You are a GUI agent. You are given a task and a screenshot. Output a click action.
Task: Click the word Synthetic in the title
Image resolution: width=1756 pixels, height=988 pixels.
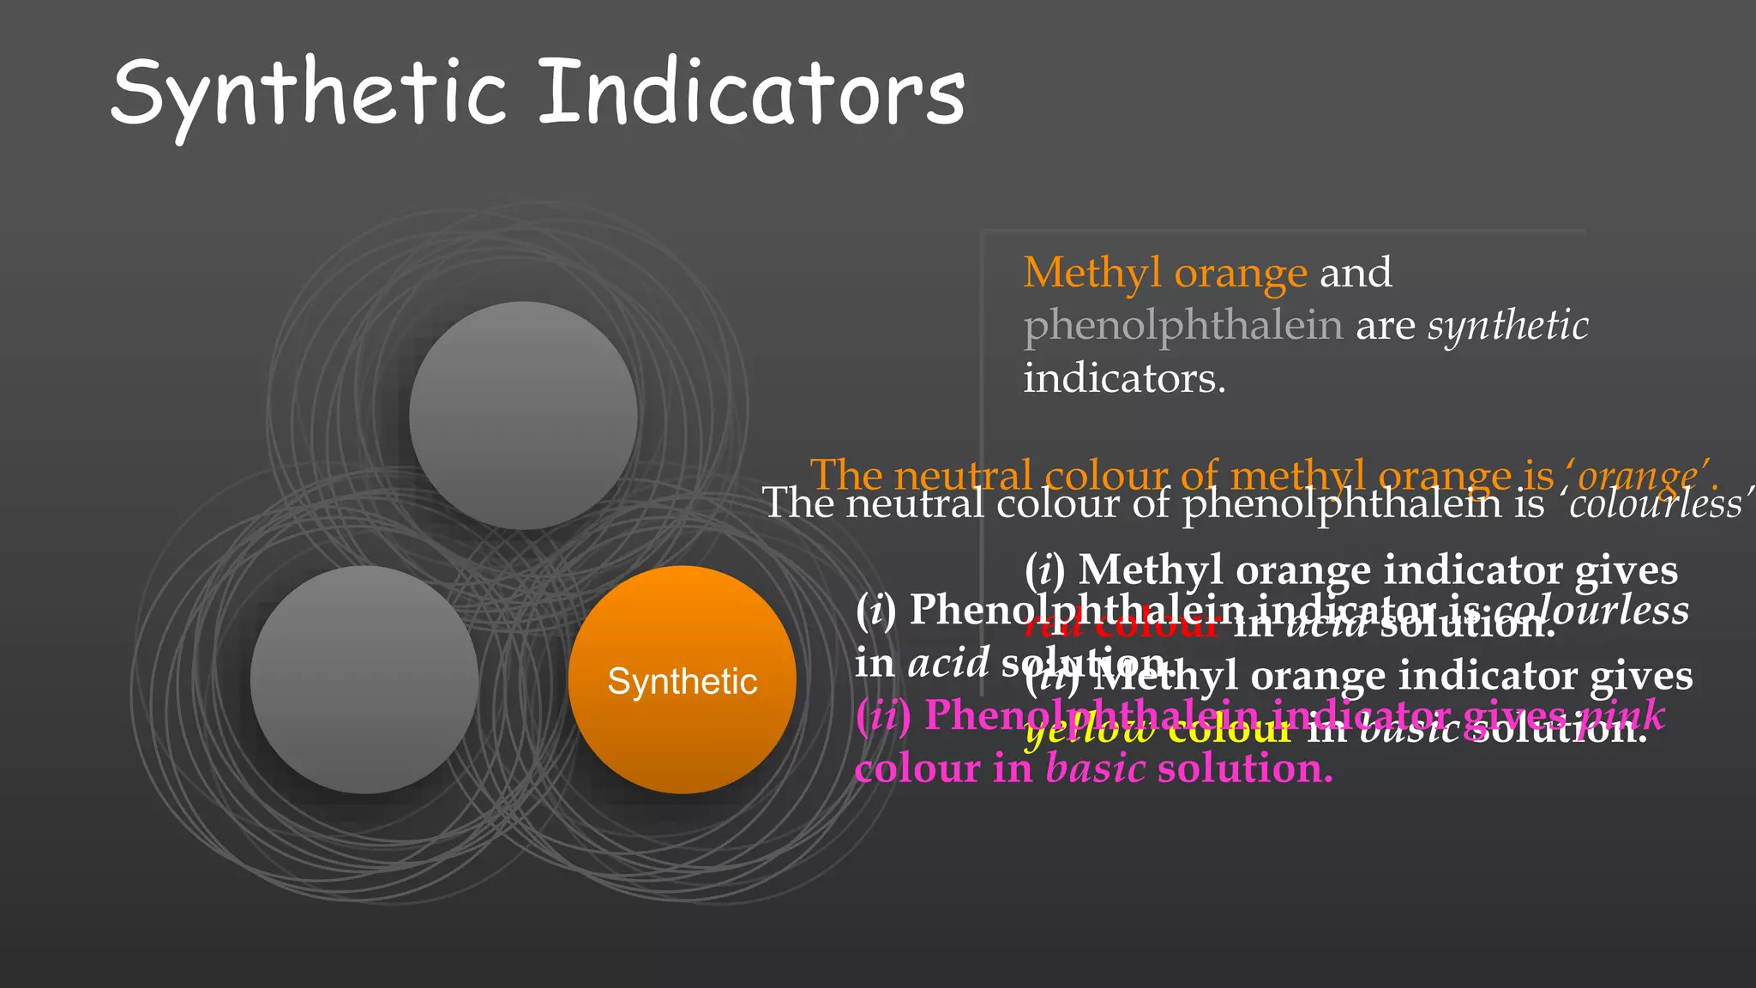coord(309,93)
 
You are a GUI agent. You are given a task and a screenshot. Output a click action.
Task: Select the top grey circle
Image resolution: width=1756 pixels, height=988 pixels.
coord(523,415)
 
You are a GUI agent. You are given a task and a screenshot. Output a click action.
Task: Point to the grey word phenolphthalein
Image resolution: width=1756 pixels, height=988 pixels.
coord(1183,326)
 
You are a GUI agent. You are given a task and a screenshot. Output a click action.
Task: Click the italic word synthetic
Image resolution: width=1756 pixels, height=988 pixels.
coord(1507,326)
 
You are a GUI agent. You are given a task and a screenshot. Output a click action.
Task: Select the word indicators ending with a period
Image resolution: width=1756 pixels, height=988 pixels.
coord(1124,378)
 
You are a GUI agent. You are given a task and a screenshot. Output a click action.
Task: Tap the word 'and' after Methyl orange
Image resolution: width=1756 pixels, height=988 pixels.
coord(1356,273)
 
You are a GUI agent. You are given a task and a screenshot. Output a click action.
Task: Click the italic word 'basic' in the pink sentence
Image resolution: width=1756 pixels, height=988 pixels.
coord(1095,768)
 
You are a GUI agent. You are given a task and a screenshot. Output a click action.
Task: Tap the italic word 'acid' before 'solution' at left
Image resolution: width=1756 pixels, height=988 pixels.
coord(948,662)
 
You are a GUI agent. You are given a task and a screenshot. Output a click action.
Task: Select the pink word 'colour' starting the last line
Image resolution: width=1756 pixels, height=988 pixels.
coord(917,768)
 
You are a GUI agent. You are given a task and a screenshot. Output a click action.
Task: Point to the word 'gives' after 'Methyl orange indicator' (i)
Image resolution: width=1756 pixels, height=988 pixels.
coord(1627,569)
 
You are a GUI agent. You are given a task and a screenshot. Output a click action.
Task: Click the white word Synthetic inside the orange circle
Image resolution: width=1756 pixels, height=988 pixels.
coord(683,682)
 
